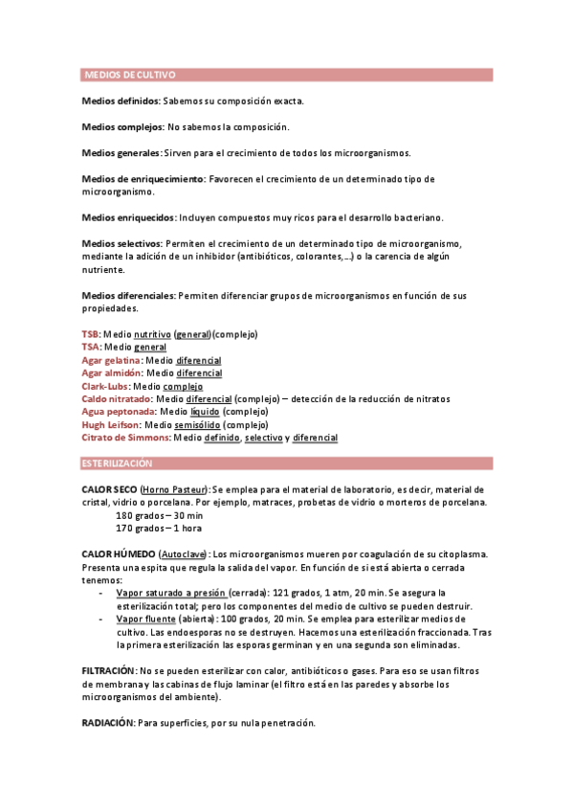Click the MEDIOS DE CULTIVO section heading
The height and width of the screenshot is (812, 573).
130,75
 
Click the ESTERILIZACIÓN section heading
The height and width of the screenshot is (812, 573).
118,463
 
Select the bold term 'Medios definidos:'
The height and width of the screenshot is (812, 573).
121,101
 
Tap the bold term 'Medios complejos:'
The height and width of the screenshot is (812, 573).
123,126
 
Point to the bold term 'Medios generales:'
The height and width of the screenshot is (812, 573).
121,152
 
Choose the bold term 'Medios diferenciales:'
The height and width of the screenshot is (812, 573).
128,296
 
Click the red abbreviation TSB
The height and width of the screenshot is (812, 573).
91,334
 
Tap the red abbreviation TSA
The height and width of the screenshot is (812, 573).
91,347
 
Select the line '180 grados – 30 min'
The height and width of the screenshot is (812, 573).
159,515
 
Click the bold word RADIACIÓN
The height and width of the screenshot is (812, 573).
107,723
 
